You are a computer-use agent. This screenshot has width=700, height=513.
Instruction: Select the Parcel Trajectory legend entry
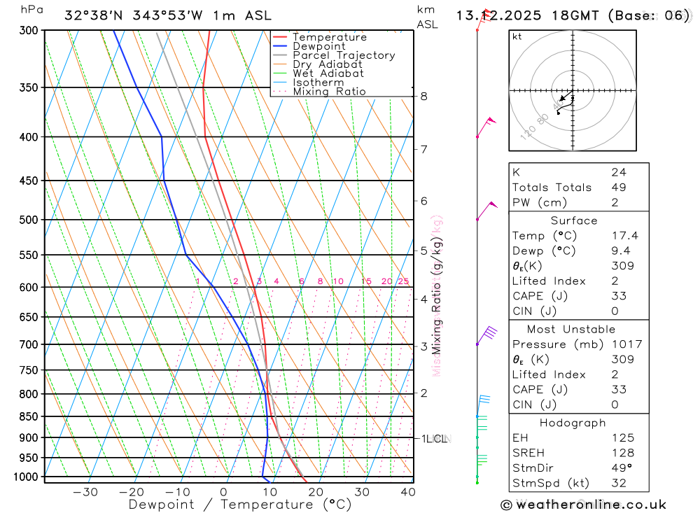pyautogui.click(x=344, y=55)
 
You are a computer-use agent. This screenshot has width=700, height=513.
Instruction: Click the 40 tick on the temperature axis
pyautogui.click(x=408, y=492)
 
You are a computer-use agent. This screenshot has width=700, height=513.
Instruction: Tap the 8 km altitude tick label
pyautogui.click(x=423, y=97)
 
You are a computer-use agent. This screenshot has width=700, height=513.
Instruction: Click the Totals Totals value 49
pyautogui.click(x=618, y=188)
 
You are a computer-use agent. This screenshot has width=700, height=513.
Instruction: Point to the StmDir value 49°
pyautogui.click(x=619, y=468)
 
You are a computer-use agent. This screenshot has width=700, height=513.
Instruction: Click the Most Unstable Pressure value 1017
pyautogui.click(x=626, y=344)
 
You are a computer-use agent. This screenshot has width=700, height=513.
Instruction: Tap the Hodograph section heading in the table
pyautogui.click(x=573, y=423)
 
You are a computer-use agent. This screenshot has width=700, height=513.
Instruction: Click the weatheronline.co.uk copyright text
pyautogui.click(x=584, y=505)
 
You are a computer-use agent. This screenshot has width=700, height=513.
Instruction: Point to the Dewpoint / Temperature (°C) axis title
pyautogui.click(x=240, y=505)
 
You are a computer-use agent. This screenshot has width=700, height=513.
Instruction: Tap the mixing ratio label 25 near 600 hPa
pyautogui.click(x=403, y=281)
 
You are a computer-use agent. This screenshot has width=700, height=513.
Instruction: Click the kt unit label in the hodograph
pyautogui.click(x=517, y=36)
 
